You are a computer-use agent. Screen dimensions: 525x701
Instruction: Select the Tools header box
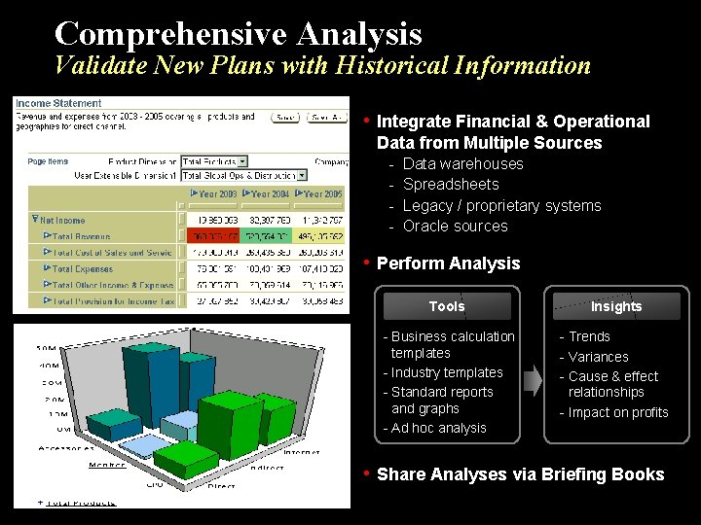tap(446, 306)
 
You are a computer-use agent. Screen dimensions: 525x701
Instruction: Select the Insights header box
tap(615, 306)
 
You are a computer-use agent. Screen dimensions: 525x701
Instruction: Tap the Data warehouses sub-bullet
tap(462, 163)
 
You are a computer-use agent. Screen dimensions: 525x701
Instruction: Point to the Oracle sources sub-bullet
tap(455, 226)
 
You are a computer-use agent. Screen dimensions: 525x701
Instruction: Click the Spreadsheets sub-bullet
tap(450, 184)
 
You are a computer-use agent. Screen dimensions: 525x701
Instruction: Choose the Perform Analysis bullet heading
tap(448, 263)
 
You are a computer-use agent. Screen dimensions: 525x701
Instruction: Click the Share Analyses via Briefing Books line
tap(520, 474)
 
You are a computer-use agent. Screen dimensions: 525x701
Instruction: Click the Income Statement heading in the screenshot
tap(57, 103)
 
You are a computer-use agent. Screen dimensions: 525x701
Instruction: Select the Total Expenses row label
tap(83, 268)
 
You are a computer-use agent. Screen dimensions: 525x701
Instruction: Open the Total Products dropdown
tap(215, 161)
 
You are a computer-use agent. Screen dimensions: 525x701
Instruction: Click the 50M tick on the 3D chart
tap(46, 347)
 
